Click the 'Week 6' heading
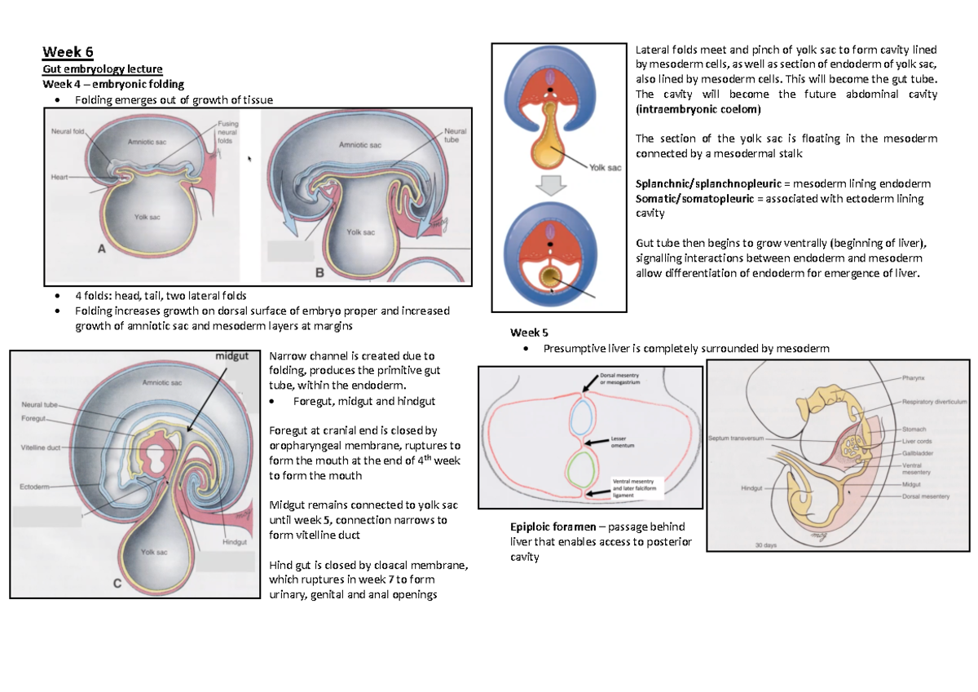68,54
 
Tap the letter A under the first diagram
103,252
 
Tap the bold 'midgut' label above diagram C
231,356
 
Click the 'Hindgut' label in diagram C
235,542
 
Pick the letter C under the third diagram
117,583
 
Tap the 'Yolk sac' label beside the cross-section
605,163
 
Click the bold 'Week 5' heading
529,333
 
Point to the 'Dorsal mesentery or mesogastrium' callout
623,380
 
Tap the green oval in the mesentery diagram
582,470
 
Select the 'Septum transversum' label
736,438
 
